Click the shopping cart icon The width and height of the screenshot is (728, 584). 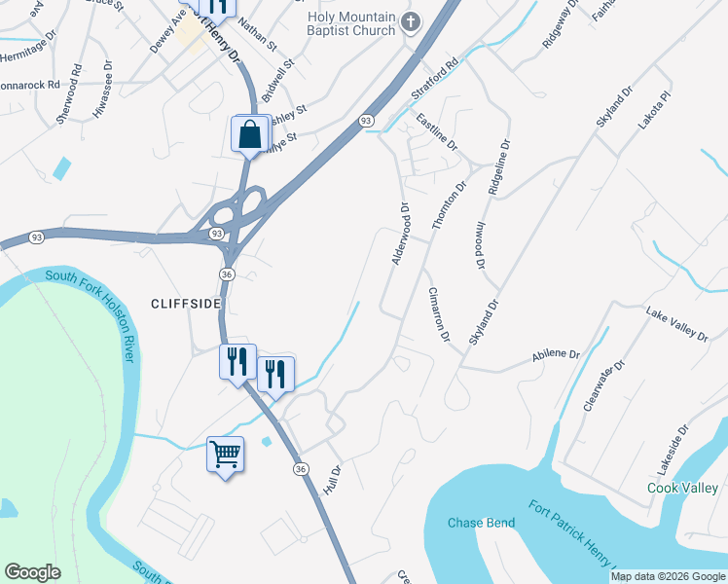click(x=225, y=454)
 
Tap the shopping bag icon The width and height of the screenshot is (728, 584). click(x=250, y=134)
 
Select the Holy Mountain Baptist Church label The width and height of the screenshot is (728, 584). click(x=351, y=24)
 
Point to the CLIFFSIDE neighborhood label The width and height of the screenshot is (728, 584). click(x=187, y=304)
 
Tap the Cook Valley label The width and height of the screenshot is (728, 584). click(x=682, y=488)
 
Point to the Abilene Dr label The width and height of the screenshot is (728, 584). click(x=556, y=356)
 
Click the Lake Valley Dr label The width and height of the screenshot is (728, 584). click(x=676, y=323)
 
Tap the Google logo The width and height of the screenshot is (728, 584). click(x=32, y=572)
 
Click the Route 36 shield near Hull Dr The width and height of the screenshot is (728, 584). click(x=301, y=468)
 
